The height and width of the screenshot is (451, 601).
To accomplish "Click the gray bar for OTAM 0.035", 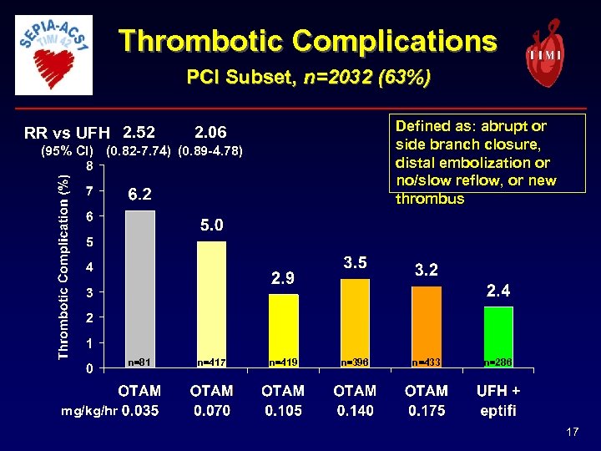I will click(x=139, y=288).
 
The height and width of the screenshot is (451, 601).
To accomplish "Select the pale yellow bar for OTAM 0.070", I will click(x=211, y=304).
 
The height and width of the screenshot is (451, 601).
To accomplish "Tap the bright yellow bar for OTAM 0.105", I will click(x=283, y=331).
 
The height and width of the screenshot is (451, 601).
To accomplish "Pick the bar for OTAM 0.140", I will click(x=355, y=323).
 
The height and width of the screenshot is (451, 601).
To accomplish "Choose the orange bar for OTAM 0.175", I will click(x=427, y=327).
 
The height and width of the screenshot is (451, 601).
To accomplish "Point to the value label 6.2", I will click(x=139, y=195).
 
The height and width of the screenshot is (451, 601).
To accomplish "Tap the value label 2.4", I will click(x=499, y=291).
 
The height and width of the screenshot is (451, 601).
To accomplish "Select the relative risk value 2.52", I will click(x=139, y=132).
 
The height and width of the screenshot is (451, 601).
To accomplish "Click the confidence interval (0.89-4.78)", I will click(x=211, y=151).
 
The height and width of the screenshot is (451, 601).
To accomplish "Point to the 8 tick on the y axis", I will click(x=90, y=165).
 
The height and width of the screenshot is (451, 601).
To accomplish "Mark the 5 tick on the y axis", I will click(x=90, y=242).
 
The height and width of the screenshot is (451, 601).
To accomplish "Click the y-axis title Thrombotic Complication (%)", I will click(x=63, y=263).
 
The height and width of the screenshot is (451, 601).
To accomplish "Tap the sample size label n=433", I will click(x=427, y=362).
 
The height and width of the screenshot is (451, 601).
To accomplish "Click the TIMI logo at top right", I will click(x=544, y=52).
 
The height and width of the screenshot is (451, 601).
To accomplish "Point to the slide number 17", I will click(x=572, y=432).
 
